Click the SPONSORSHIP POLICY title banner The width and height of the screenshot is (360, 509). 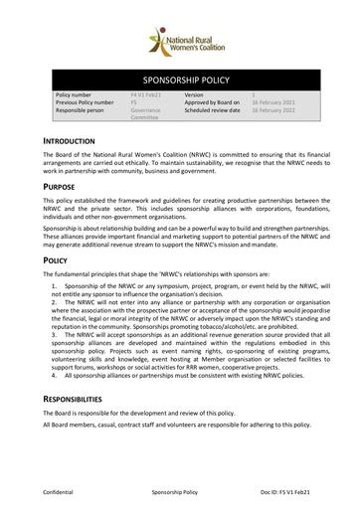point(179,74)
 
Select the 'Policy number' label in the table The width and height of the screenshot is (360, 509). point(76,92)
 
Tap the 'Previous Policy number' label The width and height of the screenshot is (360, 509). point(90,100)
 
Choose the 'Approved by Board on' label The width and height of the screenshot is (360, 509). point(214,100)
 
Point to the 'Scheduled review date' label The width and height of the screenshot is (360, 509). point(215,108)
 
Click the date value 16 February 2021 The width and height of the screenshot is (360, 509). point(271,100)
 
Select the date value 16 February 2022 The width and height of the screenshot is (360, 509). point(271,108)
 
